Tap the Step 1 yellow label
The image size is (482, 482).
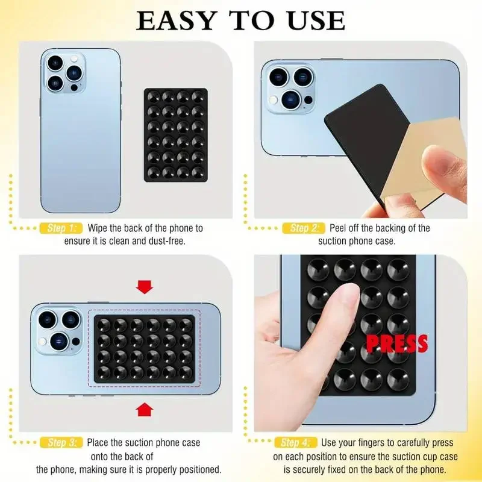click(60, 228)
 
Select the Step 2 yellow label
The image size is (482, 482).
click(304, 228)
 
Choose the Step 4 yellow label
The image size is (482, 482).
click(295, 443)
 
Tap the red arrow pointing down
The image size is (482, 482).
click(145, 287)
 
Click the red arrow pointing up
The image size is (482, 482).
click(145, 410)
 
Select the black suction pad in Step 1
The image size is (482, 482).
click(175, 134)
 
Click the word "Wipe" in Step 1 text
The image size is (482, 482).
click(98, 228)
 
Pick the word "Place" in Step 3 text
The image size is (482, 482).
click(99, 443)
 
